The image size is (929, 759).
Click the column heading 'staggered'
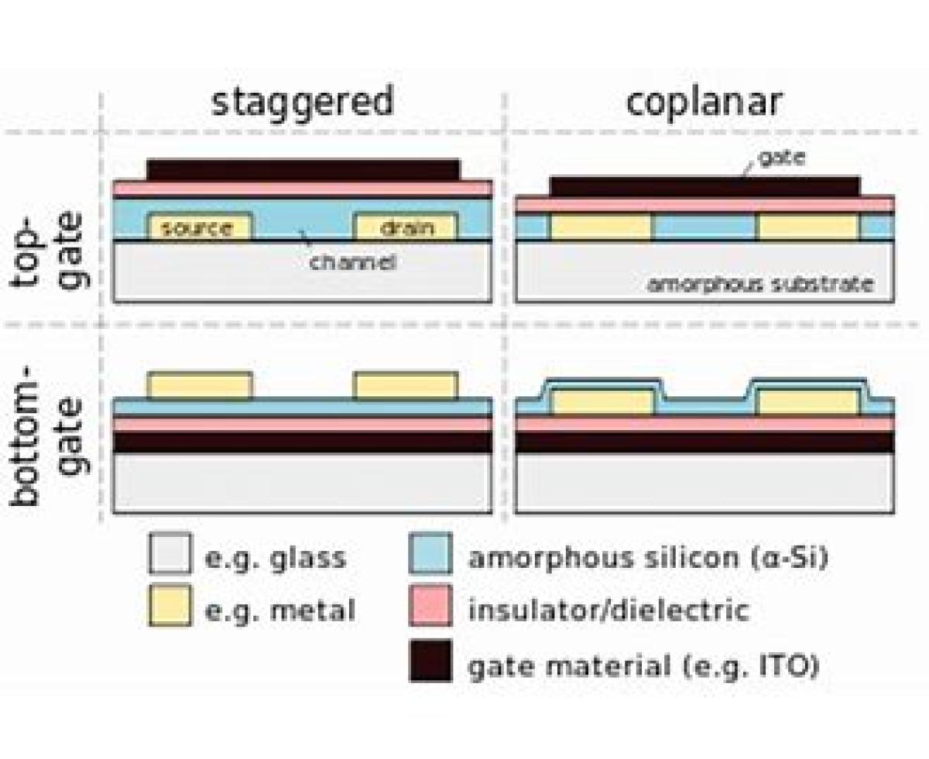click(303, 103)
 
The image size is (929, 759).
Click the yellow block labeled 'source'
click(200, 227)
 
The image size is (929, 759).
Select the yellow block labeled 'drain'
click(406, 227)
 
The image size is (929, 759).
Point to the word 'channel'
click(353, 262)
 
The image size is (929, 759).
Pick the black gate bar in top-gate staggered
click(303, 170)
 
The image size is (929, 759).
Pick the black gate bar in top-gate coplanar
click(704, 186)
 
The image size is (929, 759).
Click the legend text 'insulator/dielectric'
click(608, 610)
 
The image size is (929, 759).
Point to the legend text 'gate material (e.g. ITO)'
click(643, 665)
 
